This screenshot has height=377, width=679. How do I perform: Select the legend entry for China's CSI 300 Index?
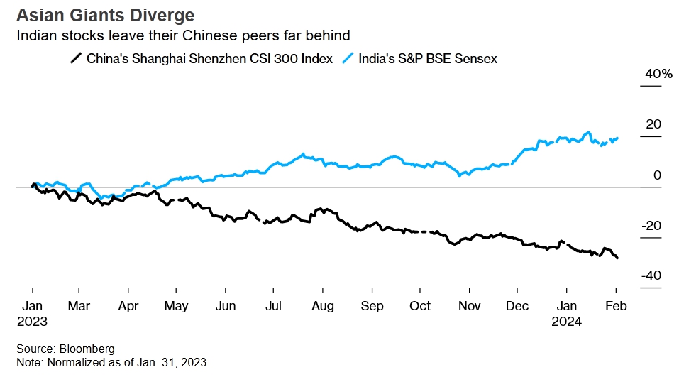coord(209,59)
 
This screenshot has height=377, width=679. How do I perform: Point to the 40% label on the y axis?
coord(658,74)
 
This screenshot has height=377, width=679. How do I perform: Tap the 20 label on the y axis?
coord(653,124)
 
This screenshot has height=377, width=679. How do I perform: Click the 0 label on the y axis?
coord(657,175)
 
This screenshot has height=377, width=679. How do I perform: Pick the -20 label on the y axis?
coord(651,226)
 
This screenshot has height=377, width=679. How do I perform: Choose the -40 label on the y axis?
coord(651,276)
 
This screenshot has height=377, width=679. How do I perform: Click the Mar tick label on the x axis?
coord(78,306)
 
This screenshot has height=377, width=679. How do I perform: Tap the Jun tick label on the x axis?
coord(225,306)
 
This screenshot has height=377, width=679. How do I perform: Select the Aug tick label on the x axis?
coord(322,306)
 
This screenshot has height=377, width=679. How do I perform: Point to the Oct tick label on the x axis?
coord(420,306)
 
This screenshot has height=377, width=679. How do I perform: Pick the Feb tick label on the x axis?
coord(615,306)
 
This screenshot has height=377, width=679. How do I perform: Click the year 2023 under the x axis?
coord(32,321)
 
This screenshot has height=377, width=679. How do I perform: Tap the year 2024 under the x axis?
coord(567,321)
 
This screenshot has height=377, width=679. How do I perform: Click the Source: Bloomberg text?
coord(66,349)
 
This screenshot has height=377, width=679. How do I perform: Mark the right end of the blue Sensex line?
coord(617,138)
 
